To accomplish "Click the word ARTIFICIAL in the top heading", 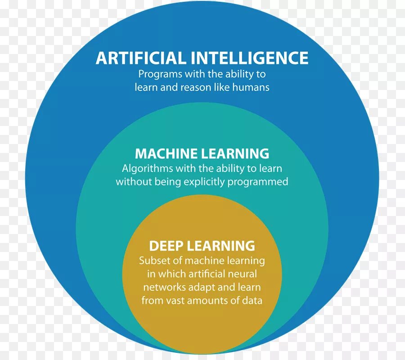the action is pyautogui.click(x=141, y=58).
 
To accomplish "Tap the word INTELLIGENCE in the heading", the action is pyautogui.click(x=250, y=58).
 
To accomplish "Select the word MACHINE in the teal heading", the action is pyautogui.click(x=167, y=154).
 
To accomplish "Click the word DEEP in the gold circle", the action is pyautogui.click(x=166, y=246).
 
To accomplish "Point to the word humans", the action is pyautogui.click(x=251, y=87).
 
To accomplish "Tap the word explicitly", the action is pyautogui.click(x=202, y=182).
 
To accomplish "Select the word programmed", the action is pyautogui.click(x=257, y=182).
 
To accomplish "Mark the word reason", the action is pyautogui.click(x=195, y=87).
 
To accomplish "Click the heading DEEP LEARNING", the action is pyautogui.click(x=202, y=246).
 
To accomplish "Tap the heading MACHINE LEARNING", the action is pyautogui.click(x=202, y=154).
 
